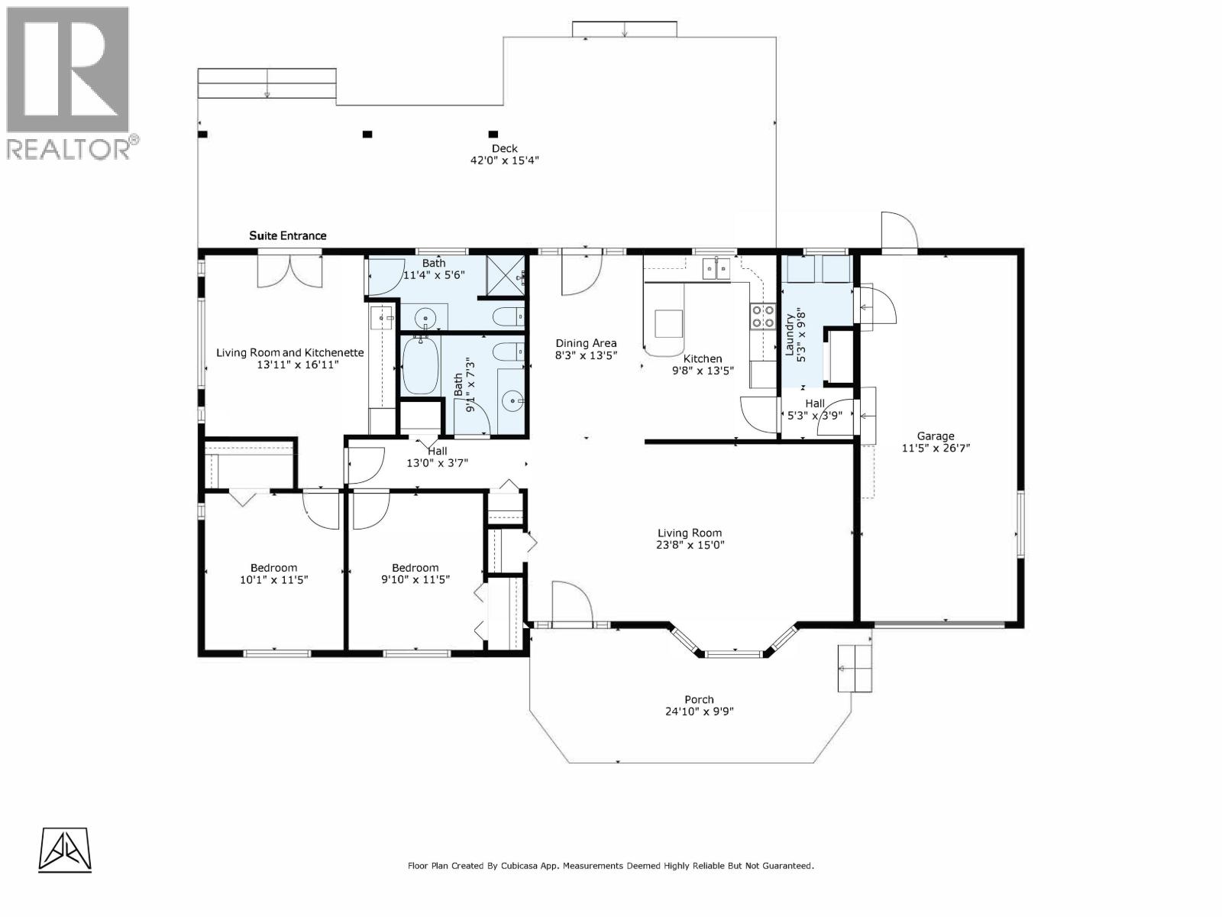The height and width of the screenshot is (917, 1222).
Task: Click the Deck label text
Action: point(504,149)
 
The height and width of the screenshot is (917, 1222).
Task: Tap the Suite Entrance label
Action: point(288,235)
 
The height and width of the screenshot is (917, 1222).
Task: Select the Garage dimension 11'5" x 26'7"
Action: point(936,449)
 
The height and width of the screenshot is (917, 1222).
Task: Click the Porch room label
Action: point(699,699)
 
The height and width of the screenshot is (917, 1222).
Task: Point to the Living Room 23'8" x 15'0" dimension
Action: point(690,546)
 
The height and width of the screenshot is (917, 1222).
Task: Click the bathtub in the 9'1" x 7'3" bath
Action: point(420,366)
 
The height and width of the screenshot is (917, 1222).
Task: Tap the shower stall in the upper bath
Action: point(505,275)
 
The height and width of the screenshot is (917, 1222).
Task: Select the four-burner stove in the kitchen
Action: point(761,316)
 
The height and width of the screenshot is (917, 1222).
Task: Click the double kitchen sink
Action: point(716,268)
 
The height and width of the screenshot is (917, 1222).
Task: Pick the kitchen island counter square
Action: point(668,324)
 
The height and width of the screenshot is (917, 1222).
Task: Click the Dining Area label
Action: point(586,343)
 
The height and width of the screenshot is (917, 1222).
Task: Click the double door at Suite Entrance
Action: point(289,271)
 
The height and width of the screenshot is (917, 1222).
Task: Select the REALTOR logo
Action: point(70,83)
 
